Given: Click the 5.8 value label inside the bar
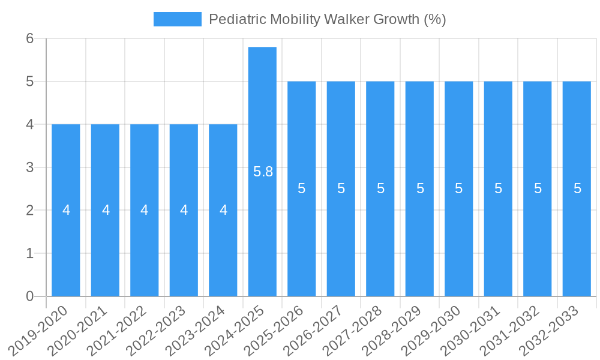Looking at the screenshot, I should coord(263,172).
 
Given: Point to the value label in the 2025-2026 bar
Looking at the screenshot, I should coord(302,188).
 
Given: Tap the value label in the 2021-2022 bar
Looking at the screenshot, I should coord(145,210).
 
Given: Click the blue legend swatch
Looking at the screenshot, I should coord(177,19).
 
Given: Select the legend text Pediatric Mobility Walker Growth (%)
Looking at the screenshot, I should coord(327,19).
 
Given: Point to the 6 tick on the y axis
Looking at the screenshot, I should coord(29,38).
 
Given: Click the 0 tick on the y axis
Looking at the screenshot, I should coord(29,296).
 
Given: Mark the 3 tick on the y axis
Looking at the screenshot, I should coord(29,167).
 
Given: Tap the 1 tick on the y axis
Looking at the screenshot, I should coord(29,253).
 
